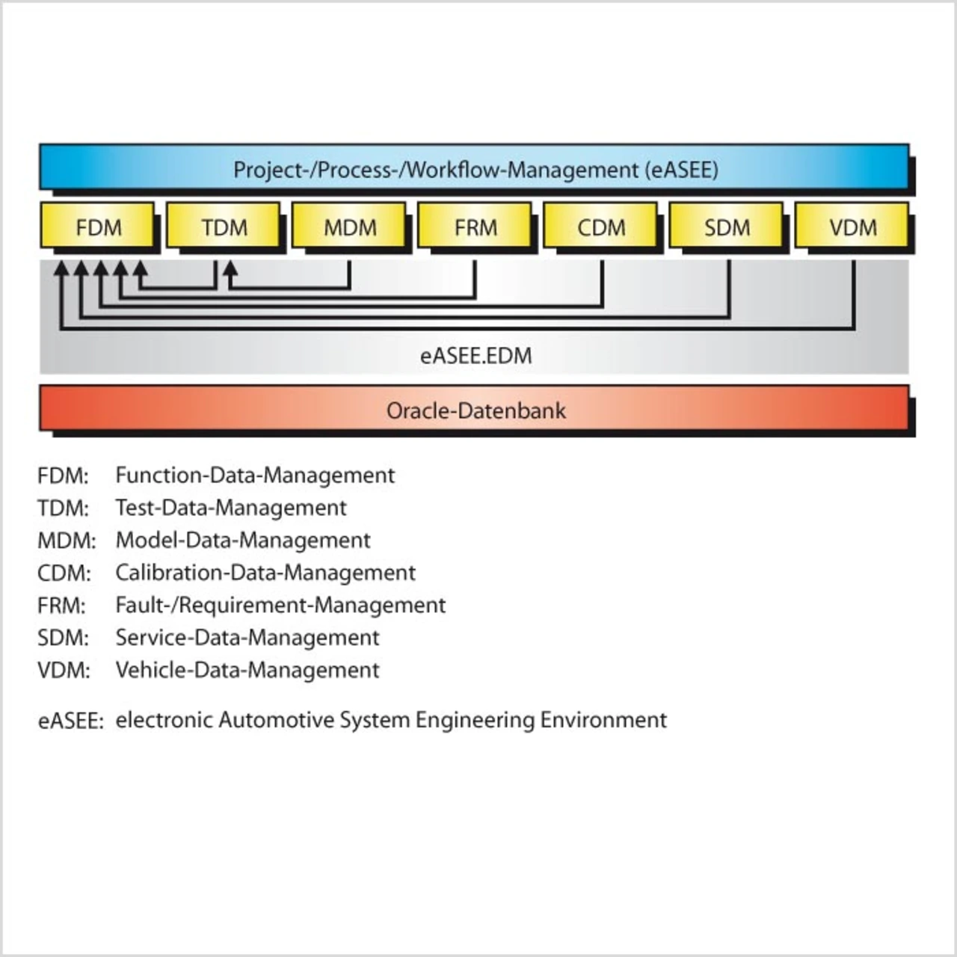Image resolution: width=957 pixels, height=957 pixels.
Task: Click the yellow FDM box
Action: pyautogui.click(x=98, y=226)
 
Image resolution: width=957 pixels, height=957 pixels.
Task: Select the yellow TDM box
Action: pyautogui.click(x=224, y=226)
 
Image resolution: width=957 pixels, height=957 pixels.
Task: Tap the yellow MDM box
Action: pyautogui.click(x=349, y=226)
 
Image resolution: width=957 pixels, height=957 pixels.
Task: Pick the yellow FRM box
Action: pyautogui.click(x=475, y=226)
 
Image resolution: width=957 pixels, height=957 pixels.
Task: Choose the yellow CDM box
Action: pyautogui.click(x=601, y=226)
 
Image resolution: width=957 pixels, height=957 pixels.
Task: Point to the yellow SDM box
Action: pyautogui.click(x=727, y=226)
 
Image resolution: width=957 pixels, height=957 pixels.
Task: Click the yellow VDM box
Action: pyautogui.click(x=852, y=226)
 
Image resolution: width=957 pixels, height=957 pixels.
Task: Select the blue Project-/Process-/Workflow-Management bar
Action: pyautogui.click(x=475, y=168)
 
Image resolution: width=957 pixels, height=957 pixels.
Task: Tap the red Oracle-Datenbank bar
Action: pyautogui.click(x=475, y=409)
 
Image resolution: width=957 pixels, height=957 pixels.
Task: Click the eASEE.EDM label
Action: pyautogui.click(x=476, y=355)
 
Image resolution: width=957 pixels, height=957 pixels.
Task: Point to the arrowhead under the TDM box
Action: pyautogui.click(x=231, y=265)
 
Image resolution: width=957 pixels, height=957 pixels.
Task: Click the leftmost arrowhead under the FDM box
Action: pyautogui.click(x=61, y=266)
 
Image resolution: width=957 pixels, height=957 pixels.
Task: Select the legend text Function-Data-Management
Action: pyautogui.click(x=255, y=476)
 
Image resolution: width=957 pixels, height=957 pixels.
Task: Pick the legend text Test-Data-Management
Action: pyautogui.click(x=230, y=508)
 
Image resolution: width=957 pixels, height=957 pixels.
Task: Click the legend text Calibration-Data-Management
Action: pyautogui.click(x=265, y=573)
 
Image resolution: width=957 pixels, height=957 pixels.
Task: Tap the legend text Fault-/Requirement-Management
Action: pyautogui.click(x=280, y=605)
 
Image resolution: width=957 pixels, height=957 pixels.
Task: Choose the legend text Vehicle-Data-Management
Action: pyautogui.click(x=247, y=670)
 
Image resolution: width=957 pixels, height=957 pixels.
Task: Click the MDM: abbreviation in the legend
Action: pyautogui.click(x=67, y=541)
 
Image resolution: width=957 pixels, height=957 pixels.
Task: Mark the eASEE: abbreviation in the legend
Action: pyautogui.click(x=70, y=721)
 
